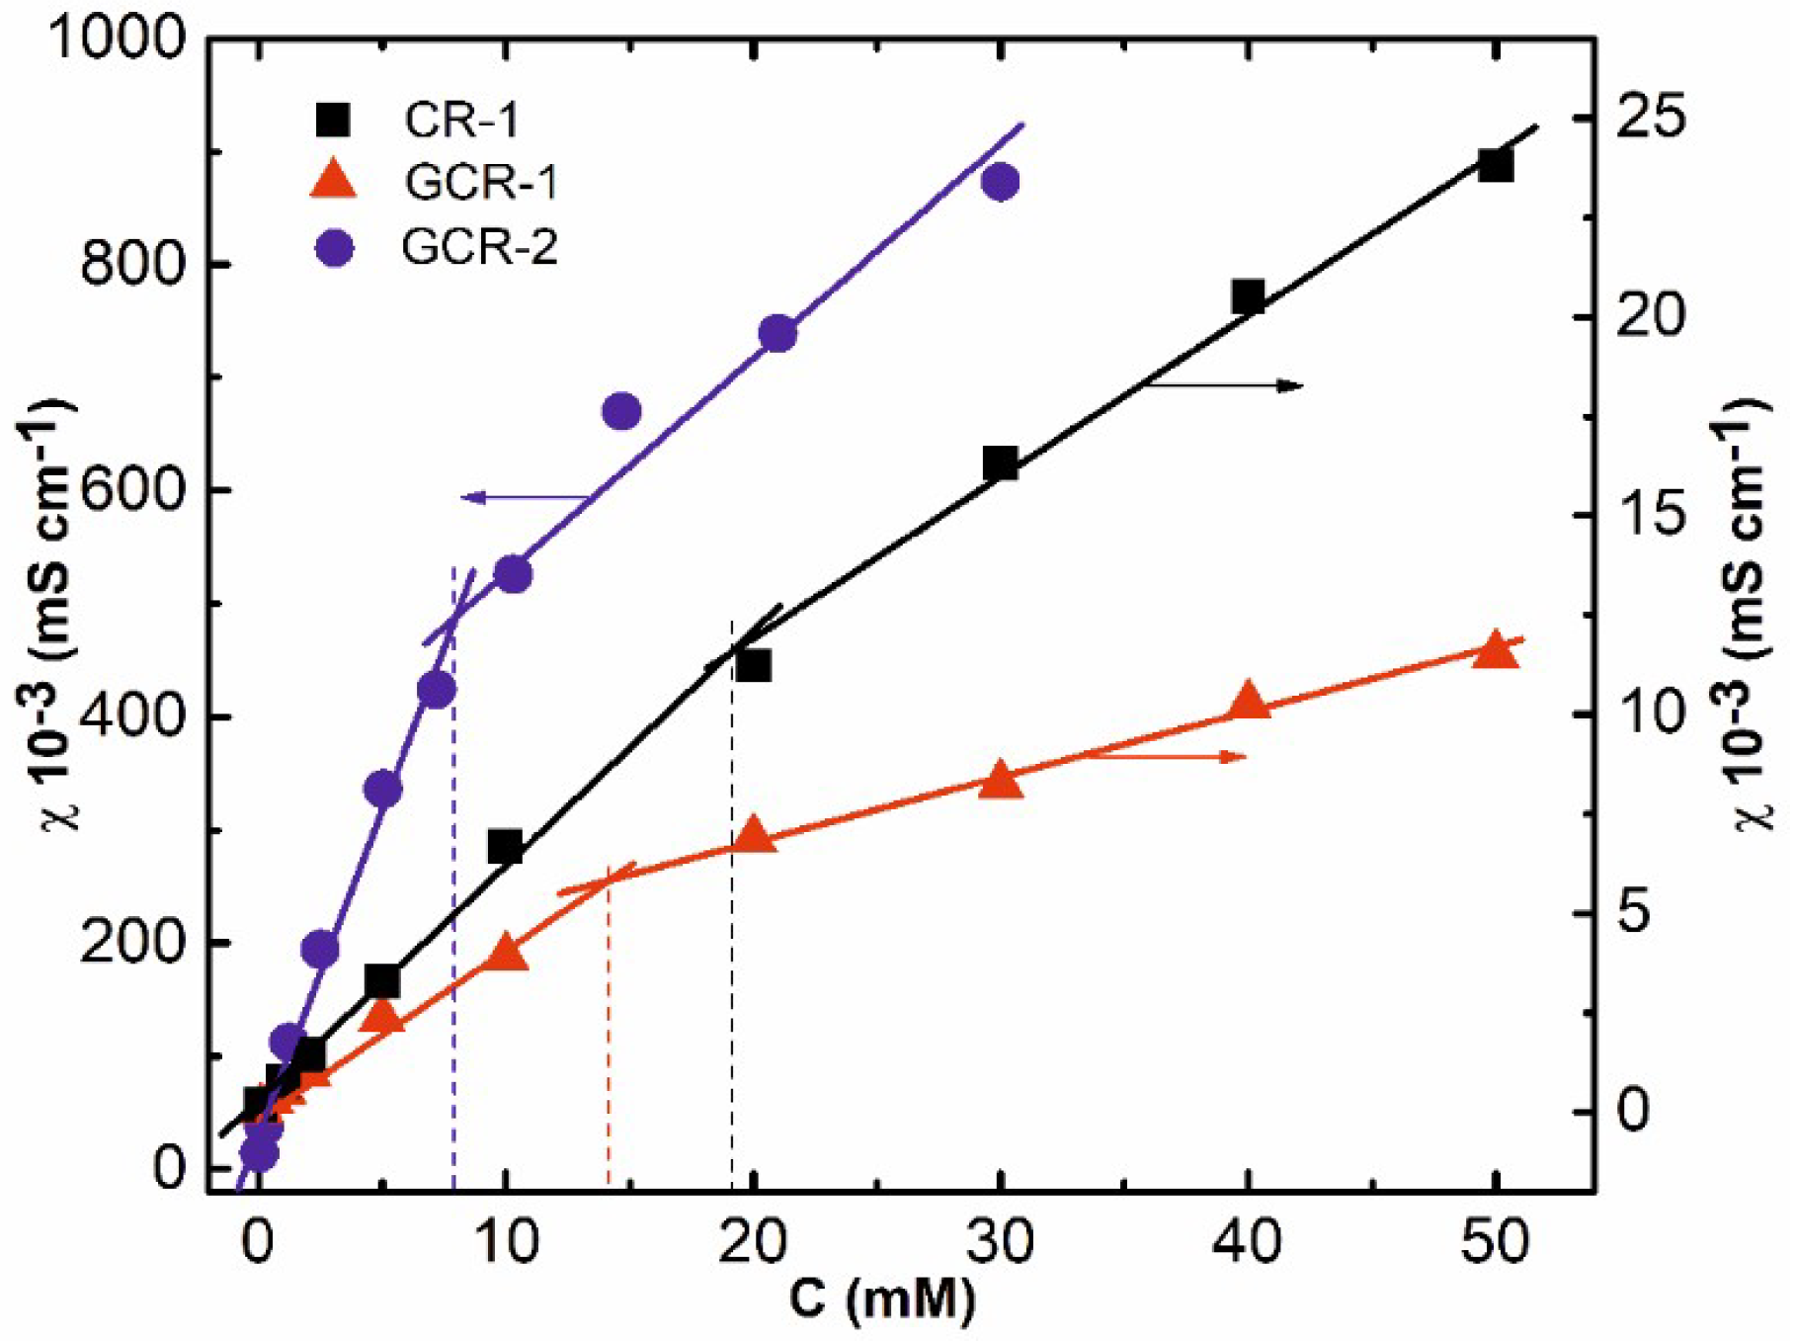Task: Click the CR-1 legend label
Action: click(460, 121)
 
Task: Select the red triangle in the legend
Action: click(334, 181)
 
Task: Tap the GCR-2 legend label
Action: click(479, 247)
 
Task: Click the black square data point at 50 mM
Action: click(1496, 165)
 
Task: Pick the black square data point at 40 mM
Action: click(1249, 296)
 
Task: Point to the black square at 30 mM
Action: click(1001, 462)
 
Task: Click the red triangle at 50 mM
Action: click(1495, 650)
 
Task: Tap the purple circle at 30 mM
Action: click(1001, 182)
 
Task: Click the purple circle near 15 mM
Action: click(621, 411)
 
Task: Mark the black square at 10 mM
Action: click(505, 846)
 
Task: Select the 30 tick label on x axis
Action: click(1001, 1241)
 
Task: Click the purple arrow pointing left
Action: click(524, 498)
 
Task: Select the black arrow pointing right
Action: click(1225, 385)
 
